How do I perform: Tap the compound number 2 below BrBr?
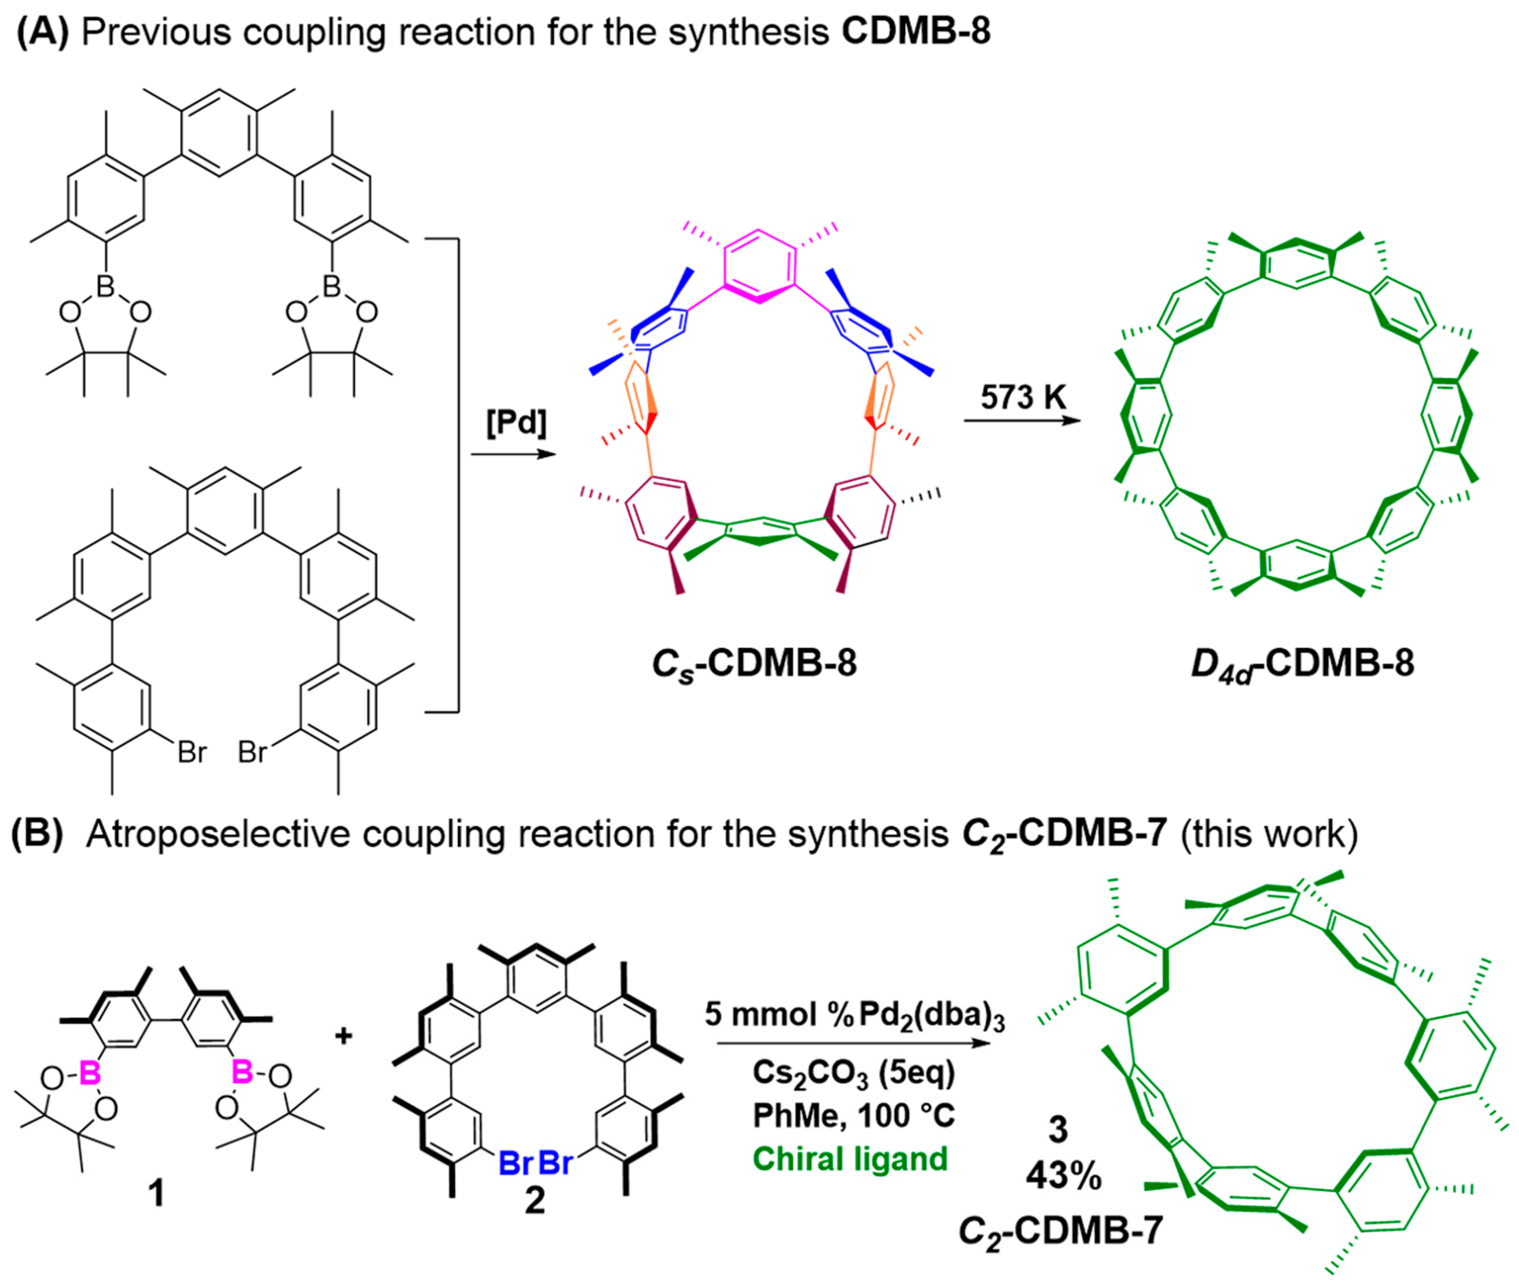click(535, 1200)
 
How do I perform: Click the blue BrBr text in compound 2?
click(535, 1163)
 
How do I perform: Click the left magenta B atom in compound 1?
click(90, 1072)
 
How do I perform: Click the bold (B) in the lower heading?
click(37, 834)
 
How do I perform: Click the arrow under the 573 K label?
click(1021, 420)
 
